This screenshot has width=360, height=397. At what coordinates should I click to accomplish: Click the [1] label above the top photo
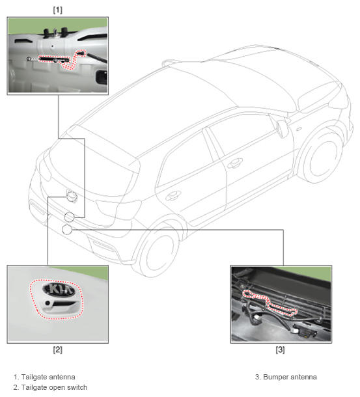[57, 10]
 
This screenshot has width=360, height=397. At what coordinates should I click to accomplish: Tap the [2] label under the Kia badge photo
[57, 349]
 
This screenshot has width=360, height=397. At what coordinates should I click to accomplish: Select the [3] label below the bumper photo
[280, 349]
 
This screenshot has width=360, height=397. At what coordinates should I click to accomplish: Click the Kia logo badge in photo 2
[59, 290]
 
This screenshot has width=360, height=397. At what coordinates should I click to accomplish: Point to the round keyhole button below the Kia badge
[48, 303]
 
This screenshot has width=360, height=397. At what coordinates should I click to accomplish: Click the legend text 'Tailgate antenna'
[48, 377]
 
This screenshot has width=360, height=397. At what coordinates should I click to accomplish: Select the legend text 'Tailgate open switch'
[54, 387]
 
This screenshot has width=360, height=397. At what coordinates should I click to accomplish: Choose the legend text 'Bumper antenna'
[290, 377]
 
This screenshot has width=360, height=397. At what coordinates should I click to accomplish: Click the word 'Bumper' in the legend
[274, 377]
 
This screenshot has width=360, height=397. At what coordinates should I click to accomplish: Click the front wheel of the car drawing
[322, 156]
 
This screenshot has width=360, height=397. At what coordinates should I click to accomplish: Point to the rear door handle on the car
[173, 195]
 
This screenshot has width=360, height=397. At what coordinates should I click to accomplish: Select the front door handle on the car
[234, 163]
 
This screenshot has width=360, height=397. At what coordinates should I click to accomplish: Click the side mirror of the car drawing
[282, 128]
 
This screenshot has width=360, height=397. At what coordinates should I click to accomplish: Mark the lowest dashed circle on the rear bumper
[67, 230]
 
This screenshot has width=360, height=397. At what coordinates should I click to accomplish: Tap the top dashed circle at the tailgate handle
[72, 197]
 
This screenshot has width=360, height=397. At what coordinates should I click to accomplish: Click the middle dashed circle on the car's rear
[69, 217]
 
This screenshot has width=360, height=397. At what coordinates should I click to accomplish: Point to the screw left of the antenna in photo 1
[29, 59]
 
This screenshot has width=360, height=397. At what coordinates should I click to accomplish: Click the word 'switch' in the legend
[77, 387]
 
